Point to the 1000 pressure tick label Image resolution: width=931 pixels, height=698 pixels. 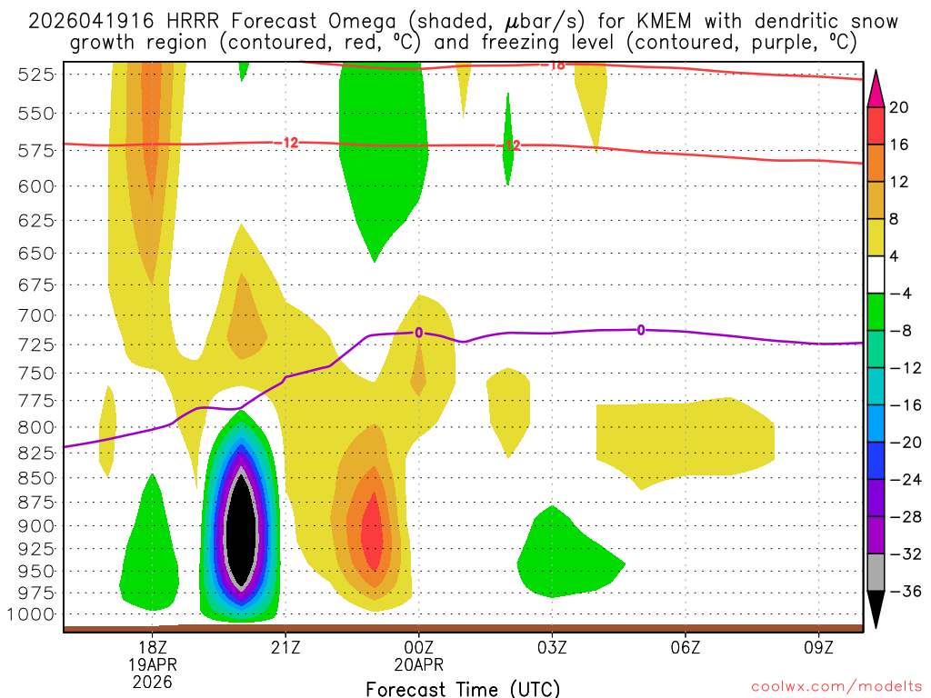36,614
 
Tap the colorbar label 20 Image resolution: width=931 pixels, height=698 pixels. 899,107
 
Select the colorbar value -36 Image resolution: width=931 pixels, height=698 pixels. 899,592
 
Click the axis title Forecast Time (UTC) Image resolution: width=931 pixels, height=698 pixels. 463,688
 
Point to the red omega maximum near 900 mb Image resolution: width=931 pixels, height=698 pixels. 372,536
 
